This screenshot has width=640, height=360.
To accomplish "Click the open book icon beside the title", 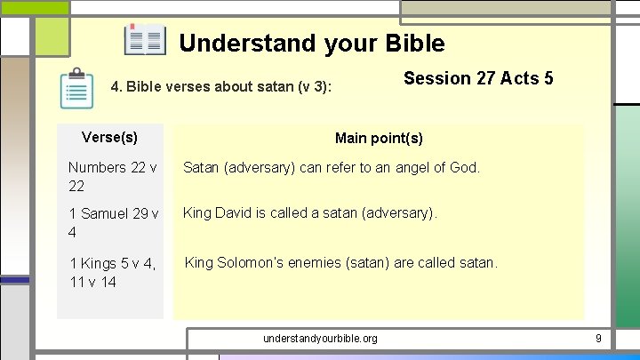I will click(145, 41).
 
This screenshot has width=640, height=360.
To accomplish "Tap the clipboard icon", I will click(77, 89).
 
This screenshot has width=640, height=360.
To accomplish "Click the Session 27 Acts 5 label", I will click(478, 78).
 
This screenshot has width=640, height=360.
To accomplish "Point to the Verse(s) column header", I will click(109, 137).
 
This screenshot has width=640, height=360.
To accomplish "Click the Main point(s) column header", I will click(379, 138).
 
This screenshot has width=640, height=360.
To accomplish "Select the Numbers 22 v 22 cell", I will click(112, 176).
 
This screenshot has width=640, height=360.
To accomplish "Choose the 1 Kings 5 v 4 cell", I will click(112, 272).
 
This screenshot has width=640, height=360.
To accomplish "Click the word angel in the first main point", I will click(402, 166).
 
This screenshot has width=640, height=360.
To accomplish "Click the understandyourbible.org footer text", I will click(320, 339).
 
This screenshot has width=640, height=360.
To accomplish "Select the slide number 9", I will click(598, 339).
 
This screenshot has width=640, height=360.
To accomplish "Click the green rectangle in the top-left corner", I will click(35, 7).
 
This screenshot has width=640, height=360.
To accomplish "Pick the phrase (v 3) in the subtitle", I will click(315, 88).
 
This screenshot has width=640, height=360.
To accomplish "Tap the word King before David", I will click(198, 213).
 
